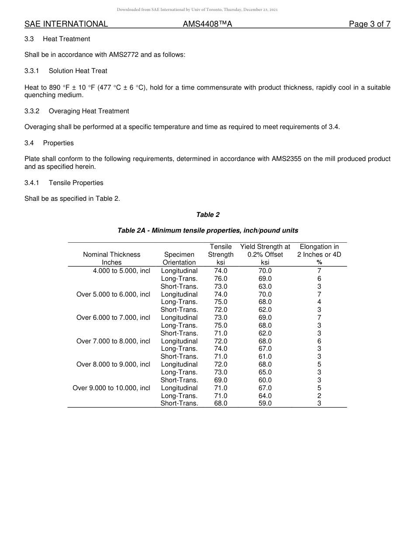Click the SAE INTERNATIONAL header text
pyautogui.click(x=66, y=24)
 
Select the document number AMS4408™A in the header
pyautogui.click(x=207, y=24)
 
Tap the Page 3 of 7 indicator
pyautogui.click(x=369, y=24)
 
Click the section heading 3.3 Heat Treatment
pyautogui.click(x=57, y=39)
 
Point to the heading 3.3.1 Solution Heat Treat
pyautogui.click(x=66, y=71)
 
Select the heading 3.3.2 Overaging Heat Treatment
pyautogui.click(x=76, y=111)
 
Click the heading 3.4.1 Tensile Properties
pyautogui.click(x=64, y=183)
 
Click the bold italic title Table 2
pyautogui.click(x=207, y=215)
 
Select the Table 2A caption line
pyautogui.click(x=207, y=231)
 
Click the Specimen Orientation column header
pyautogui.click(x=179, y=259)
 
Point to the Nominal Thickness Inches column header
pyautogui.click(x=112, y=259)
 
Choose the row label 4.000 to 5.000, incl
pyautogui.click(x=121, y=271)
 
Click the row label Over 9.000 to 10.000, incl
pyautogui.click(x=111, y=388)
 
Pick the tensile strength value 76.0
pyautogui.click(x=221, y=279)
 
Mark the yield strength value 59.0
pyautogui.click(x=265, y=403)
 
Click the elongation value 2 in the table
pyautogui.click(x=319, y=396)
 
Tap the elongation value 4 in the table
pyautogui.click(x=319, y=302)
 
